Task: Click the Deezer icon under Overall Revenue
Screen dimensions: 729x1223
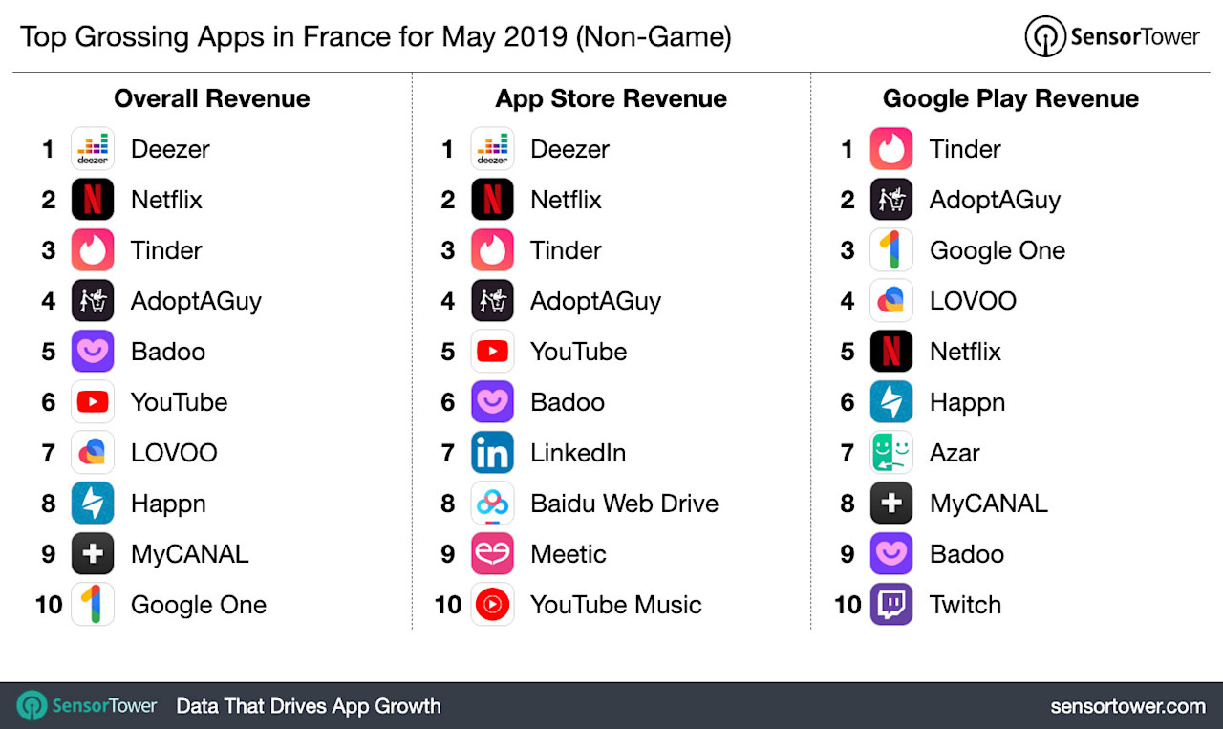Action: click(93, 149)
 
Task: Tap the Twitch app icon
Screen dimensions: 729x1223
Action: click(891, 605)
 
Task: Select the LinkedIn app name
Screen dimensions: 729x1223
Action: click(578, 453)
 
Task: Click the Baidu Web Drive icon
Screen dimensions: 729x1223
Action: click(492, 504)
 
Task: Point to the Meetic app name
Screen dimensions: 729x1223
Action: click(568, 554)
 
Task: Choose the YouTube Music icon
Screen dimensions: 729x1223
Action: click(492, 605)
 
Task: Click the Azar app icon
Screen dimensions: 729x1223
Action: click(891, 453)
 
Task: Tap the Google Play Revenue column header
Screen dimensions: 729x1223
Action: click(1010, 98)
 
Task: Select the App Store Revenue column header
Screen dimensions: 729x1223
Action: click(611, 98)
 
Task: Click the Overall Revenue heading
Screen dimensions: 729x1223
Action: click(211, 98)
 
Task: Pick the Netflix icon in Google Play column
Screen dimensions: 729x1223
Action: click(891, 352)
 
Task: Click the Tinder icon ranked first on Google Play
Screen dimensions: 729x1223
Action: click(891, 149)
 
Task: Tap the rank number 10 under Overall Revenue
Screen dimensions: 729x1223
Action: click(49, 605)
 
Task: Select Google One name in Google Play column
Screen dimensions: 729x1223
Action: click(997, 250)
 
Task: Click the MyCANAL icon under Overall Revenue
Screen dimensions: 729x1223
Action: click(93, 554)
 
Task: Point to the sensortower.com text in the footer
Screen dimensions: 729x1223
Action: click(1127, 706)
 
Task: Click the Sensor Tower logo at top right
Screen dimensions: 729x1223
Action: click(1111, 37)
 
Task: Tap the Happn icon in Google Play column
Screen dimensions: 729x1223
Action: click(891, 402)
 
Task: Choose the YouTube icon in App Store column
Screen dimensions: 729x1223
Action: click(492, 352)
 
